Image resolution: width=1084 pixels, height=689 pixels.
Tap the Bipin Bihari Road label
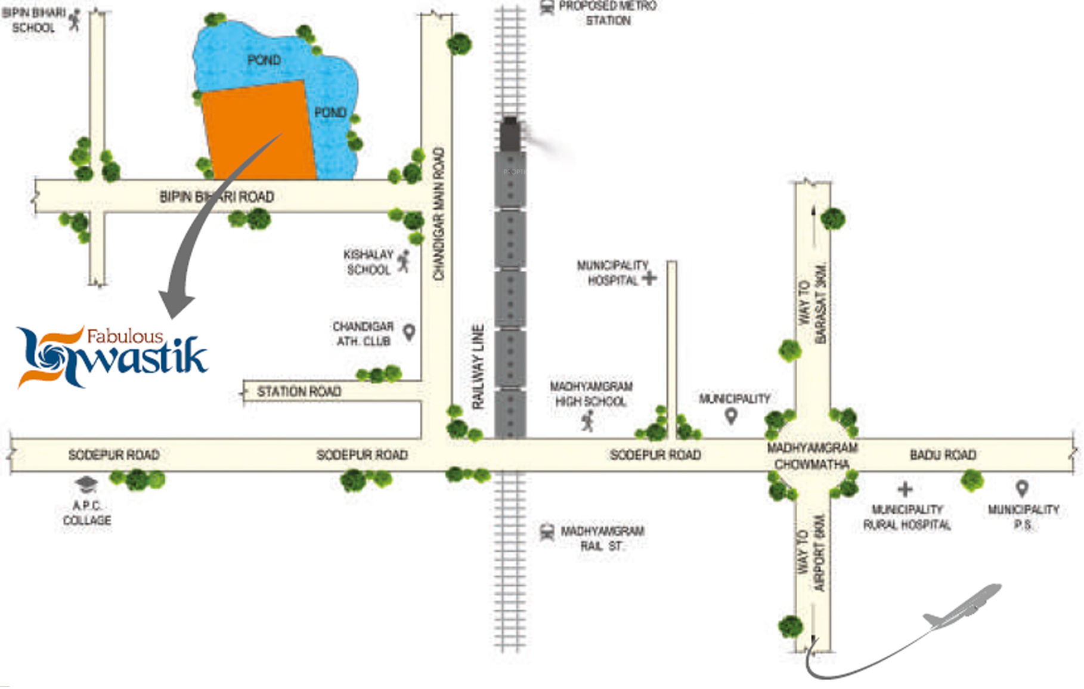[216, 196]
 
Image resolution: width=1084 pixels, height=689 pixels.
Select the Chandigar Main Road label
[439, 214]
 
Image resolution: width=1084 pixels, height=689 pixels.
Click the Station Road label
[299, 391]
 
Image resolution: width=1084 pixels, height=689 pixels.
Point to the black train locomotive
[510, 134]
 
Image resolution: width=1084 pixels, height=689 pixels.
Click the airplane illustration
[963, 607]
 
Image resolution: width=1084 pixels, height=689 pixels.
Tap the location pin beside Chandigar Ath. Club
[409, 332]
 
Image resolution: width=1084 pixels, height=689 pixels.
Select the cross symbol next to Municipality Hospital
[649, 277]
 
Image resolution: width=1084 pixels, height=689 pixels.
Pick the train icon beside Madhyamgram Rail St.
[546, 532]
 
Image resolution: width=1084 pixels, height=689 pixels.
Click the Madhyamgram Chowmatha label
[812, 456]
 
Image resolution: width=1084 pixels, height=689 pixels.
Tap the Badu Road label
[943, 455]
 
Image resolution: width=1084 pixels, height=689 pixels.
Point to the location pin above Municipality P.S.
[1022, 489]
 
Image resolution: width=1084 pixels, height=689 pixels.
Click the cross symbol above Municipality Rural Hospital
[905, 490]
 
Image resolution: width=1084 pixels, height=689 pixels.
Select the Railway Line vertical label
[478, 367]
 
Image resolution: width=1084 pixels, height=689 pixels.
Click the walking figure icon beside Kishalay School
[404, 261]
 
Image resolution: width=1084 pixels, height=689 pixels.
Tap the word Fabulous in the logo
[125, 336]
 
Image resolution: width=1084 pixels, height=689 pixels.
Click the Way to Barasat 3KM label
[813, 303]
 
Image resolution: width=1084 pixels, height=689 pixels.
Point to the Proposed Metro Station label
[607, 13]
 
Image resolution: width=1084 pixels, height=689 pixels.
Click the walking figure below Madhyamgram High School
[588, 421]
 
